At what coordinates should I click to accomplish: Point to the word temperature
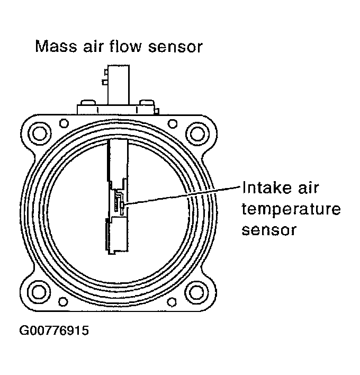290,210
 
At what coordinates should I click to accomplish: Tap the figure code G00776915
54,332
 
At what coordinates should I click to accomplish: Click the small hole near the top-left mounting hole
64,123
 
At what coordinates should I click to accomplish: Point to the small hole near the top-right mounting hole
173,123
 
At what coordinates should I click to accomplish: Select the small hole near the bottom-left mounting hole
64,302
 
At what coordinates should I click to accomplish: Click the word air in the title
92,47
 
